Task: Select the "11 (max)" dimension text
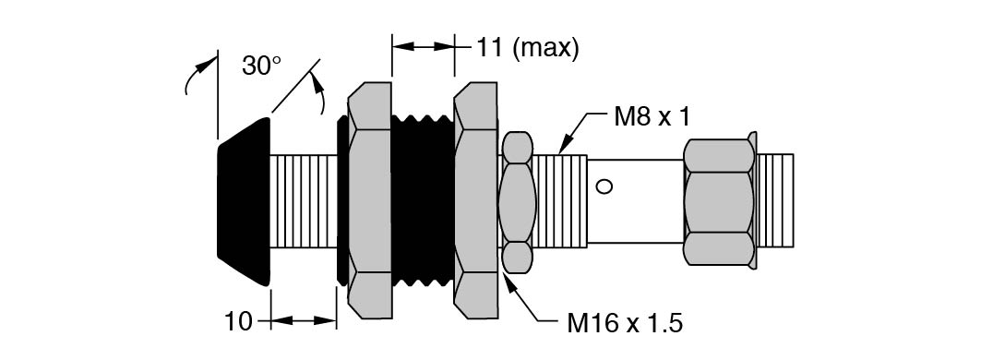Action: click(527, 48)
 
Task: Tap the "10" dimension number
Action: click(238, 321)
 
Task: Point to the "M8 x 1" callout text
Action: click(652, 118)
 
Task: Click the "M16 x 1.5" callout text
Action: click(625, 324)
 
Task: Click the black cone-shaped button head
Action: click(244, 201)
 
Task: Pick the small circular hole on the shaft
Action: click(604, 186)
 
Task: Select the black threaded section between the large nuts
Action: click(423, 200)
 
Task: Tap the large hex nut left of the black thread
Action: click(370, 200)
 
